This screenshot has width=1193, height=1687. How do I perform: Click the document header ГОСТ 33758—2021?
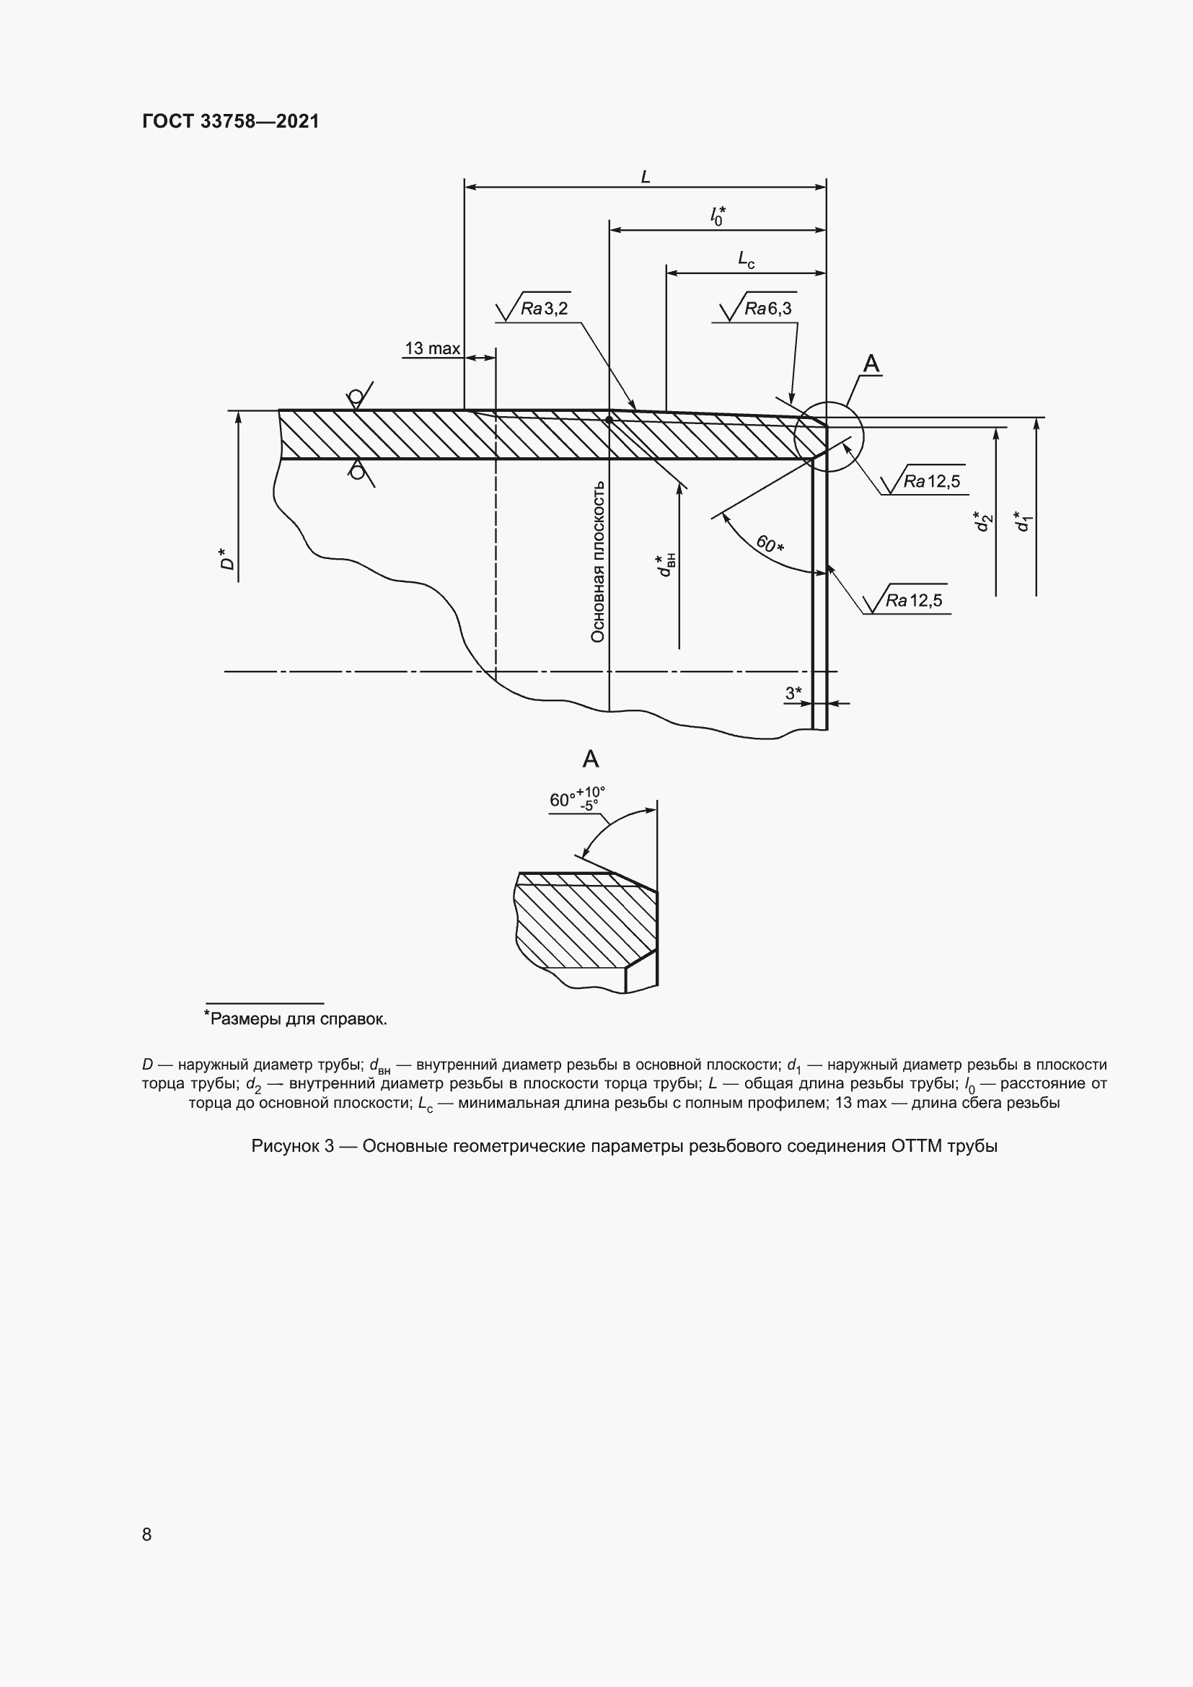pyautogui.click(x=231, y=121)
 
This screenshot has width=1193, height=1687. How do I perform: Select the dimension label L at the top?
pyautogui.click(x=645, y=177)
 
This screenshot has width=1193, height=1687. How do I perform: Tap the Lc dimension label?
pyautogui.click(x=746, y=259)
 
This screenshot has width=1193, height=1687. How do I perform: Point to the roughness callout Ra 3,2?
pyautogui.click(x=544, y=308)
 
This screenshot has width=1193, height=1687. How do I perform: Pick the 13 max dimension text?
pyautogui.click(x=432, y=348)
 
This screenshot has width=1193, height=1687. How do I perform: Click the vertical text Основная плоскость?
pyautogui.click(x=598, y=561)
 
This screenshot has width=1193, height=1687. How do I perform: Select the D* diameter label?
pyautogui.click(x=228, y=559)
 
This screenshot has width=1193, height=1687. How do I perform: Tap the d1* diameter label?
pyautogui.click(x=1022, y=521)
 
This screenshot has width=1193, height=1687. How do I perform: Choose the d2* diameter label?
pyautogui.click(x=982, y=521)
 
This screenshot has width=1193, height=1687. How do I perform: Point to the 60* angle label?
pyautogui.click(x=770, y=545)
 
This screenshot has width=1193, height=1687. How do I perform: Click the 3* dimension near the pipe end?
pyautogui.click(x=793, y=693)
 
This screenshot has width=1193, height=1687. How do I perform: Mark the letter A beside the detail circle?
pyautogui.click(x=871, y=364)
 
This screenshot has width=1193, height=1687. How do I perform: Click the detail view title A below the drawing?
pyautogui.click(x=590, y=759)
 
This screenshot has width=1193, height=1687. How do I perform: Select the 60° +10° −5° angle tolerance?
pyautogui.click(x=577, y=798)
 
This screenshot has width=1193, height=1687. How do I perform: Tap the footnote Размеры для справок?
pyautogui.click(x=296, y=1019)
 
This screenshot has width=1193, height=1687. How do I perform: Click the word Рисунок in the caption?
pyautogui.click(x=282, y=1146)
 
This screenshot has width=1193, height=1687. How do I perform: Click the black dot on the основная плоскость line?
pyautogui.click(x=609, y=420)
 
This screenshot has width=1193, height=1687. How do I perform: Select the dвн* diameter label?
pyautogui.click(x=666, y=565)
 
